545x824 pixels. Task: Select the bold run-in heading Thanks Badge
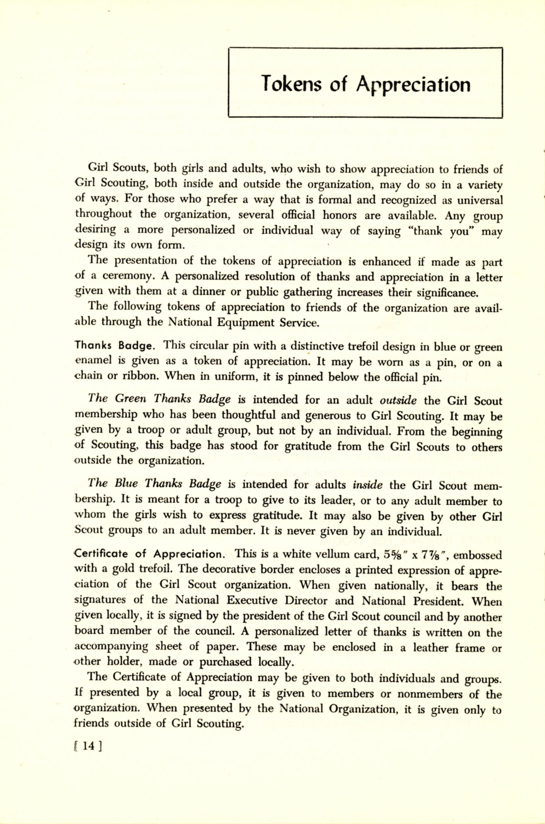tap(114, 346)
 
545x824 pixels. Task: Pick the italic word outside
tap(398, 401)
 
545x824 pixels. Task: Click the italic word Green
tap(130, 399)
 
